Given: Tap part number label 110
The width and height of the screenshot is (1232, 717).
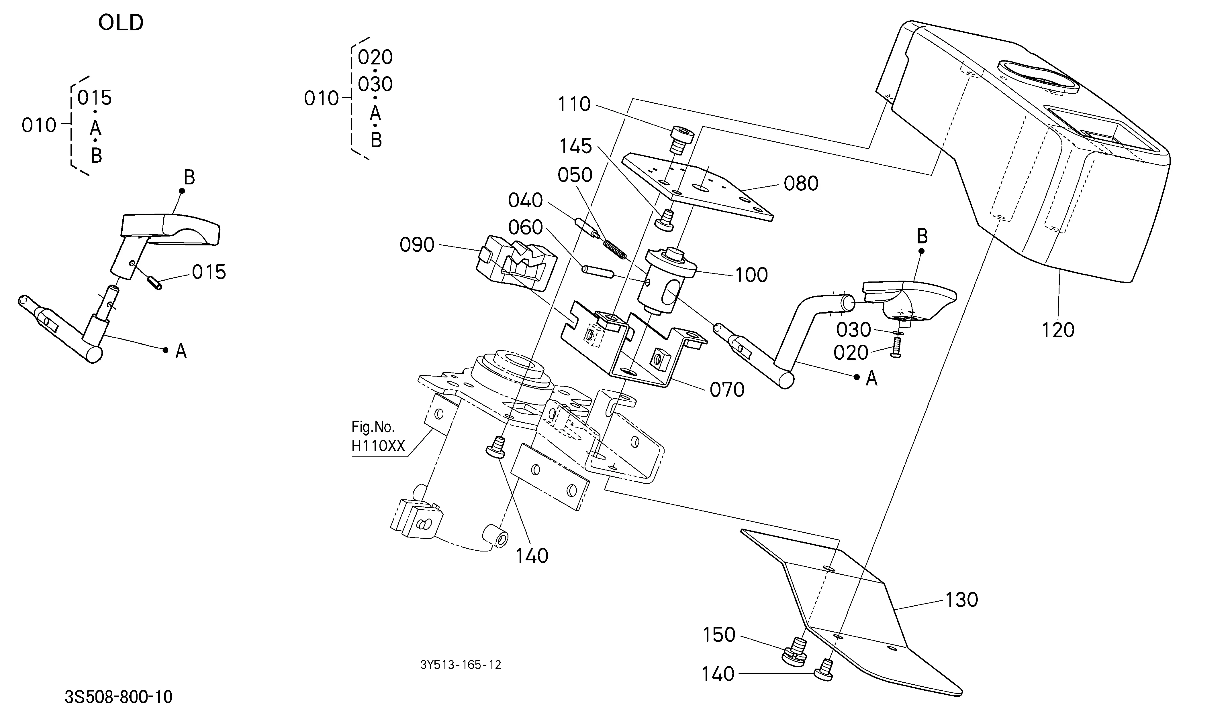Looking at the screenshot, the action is [x=574, y=105].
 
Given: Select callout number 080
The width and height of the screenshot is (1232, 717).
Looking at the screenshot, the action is [x=801, y=184].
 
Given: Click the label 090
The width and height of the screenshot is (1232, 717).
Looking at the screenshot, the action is [x=417, y=245].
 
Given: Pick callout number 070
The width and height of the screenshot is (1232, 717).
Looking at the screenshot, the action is [x=727, y=390].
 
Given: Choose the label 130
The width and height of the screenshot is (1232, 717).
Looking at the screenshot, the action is [x=961, y=600].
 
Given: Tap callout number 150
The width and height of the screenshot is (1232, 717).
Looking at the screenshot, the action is [x=719, y=635].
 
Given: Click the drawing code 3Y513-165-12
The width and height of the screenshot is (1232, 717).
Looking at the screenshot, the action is [x=461, y=665].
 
